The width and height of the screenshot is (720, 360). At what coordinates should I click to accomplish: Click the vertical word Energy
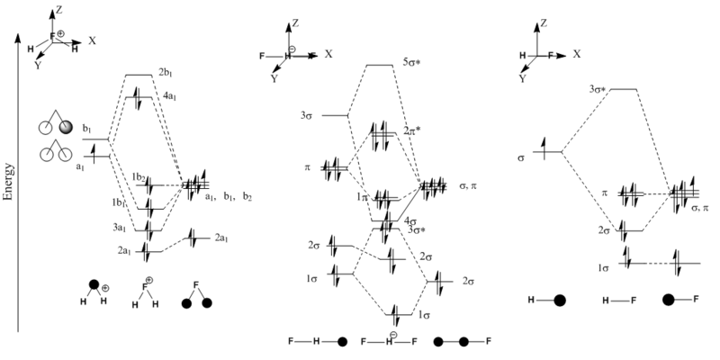coord(9,180)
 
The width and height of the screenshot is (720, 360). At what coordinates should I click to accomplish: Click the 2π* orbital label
coord(413,131)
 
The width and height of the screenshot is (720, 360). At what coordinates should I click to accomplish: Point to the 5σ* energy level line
coord(379,65)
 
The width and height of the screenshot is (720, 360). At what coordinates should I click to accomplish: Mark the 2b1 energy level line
coord(139,74)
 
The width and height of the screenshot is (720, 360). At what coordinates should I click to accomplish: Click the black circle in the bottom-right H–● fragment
coord(560,300)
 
